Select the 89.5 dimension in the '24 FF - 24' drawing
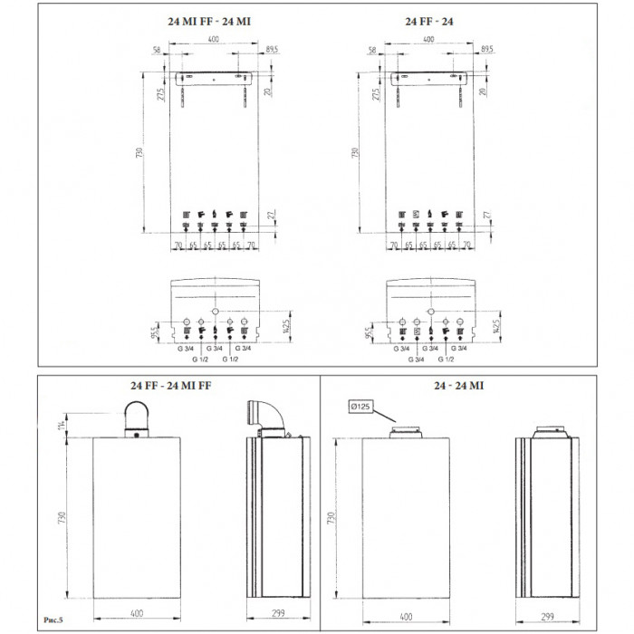pyautogui.click(x=486, y=48)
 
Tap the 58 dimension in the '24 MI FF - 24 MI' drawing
pyautogui.click(x=158, y=48)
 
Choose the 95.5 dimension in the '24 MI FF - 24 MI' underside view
pyautogui.click(x=156, y=332)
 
